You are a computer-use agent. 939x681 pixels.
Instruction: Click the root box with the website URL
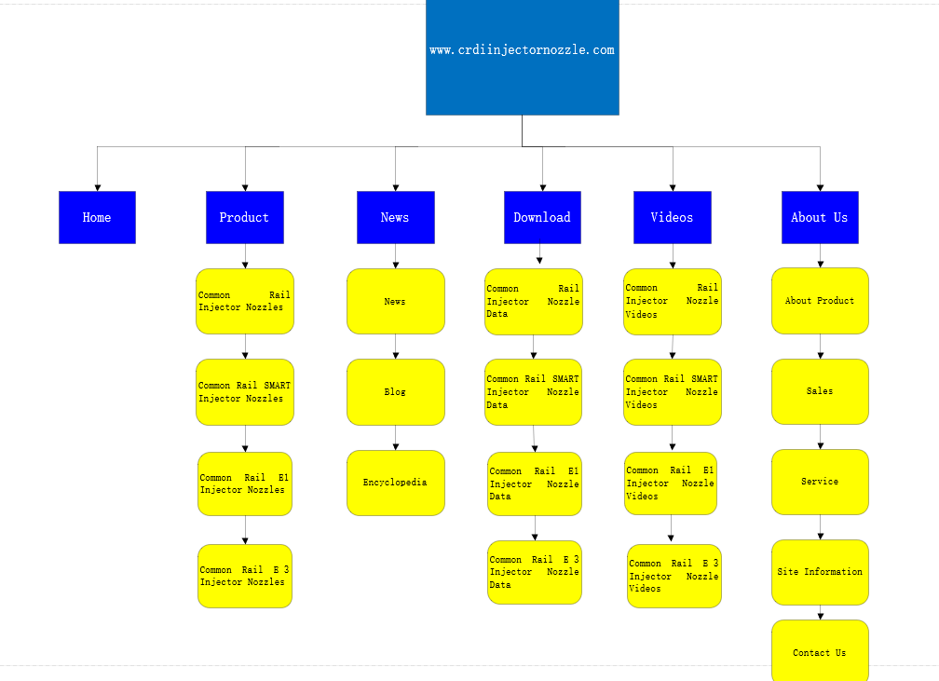coord(523,57)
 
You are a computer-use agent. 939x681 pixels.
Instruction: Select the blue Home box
coord(97,217)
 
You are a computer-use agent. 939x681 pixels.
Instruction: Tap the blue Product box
coord(245,217)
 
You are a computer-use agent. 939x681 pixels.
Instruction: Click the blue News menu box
coord(396,217)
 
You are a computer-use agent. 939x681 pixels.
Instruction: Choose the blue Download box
coord(542,217)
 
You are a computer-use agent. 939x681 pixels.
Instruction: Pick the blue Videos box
coord(673,217)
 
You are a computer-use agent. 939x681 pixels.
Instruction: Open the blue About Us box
coord(820,217)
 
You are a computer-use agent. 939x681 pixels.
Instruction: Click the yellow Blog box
coord(396,392)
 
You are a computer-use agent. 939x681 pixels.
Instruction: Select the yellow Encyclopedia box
coord(396,483)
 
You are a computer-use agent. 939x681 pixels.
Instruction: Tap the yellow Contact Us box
coord(820,651)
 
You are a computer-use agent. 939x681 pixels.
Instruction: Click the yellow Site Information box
coord(820,573)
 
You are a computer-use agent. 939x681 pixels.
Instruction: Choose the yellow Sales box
coord(820,391)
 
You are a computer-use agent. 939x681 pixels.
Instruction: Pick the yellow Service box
coord(820,483)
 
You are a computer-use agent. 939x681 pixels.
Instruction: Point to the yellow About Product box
coord(820,301)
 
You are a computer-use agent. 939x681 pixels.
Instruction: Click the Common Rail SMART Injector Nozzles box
coord(245,392)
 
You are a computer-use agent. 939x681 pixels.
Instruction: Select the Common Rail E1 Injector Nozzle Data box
coord(535,484)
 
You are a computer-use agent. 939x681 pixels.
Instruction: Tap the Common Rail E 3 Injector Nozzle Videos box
coord(674,576)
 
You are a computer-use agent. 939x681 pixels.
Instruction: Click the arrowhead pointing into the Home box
coord(98,188)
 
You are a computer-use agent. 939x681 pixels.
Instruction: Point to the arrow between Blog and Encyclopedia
coord(396,438)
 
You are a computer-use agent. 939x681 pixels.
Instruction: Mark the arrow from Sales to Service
coord(821,437)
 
